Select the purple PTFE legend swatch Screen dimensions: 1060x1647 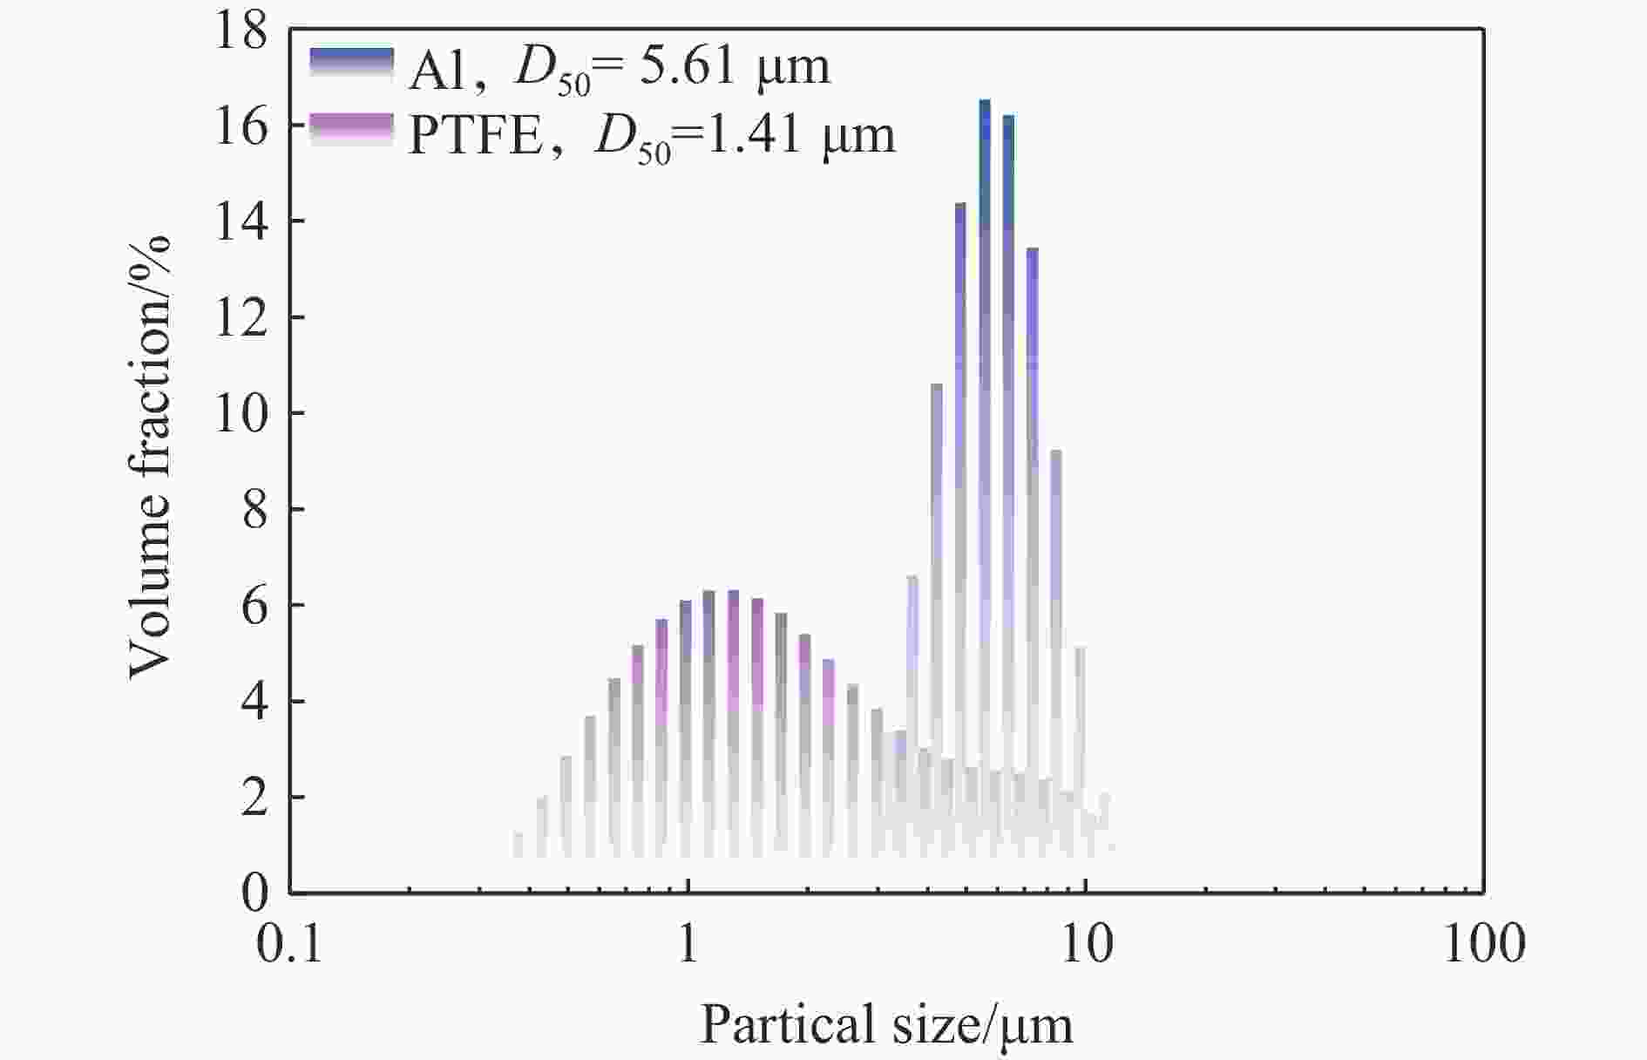tap(351, 130)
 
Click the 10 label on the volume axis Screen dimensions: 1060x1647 tap(242, 415)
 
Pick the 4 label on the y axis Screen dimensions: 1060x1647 tap(254, 703)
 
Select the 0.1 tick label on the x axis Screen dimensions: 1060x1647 tap(290, 945)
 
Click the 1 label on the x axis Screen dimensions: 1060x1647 tap(688, 945)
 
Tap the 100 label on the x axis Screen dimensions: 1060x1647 tap(1484, 945)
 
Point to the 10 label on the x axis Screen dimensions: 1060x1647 tap(1086, 945)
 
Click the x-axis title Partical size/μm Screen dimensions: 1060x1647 tap(886, 1025)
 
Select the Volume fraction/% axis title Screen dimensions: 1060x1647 tap(149, 458)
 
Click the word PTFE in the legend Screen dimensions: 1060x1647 tap(476, 136)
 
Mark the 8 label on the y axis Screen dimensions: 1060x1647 tap(254, 511)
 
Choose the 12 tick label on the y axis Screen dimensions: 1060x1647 tap(242, 319)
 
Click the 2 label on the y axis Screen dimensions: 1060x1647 tap(254, 798)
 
